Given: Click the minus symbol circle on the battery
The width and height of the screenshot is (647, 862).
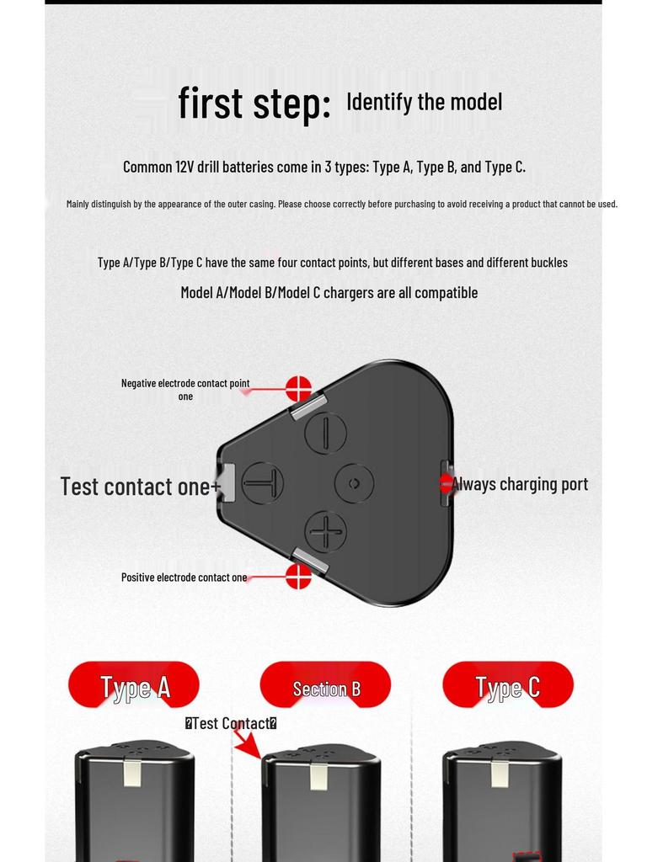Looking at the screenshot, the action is pos(326,433).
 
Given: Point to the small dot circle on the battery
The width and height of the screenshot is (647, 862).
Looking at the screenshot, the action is pos(355,483).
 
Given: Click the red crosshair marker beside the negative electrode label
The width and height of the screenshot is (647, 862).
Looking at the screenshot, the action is pos(299,389).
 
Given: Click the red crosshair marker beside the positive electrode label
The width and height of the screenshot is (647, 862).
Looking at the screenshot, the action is pos(299,576).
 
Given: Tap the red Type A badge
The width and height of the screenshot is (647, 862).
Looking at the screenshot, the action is pos(134,685).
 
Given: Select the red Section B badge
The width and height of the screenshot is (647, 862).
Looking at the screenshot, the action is pos(325,685).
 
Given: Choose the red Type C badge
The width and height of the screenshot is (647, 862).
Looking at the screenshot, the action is pos(508,685).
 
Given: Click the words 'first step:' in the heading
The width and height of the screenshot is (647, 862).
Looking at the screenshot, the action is pos(254,103).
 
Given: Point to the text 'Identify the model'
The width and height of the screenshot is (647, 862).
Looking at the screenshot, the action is pos(425,102).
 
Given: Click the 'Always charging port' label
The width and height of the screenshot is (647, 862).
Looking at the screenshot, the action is pos(519,484).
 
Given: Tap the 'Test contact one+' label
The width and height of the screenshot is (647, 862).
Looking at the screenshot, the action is pos(141,487).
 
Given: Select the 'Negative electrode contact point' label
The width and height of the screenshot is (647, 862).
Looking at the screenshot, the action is pos(185,383).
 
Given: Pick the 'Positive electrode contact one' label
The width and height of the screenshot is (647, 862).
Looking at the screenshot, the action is pos(184,577).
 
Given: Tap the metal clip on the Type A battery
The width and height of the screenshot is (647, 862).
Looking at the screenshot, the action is pos(132,771).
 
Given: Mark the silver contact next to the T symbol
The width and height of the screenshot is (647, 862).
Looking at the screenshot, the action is pos(227,482).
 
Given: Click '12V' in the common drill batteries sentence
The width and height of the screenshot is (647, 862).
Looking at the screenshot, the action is pos(185,167).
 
